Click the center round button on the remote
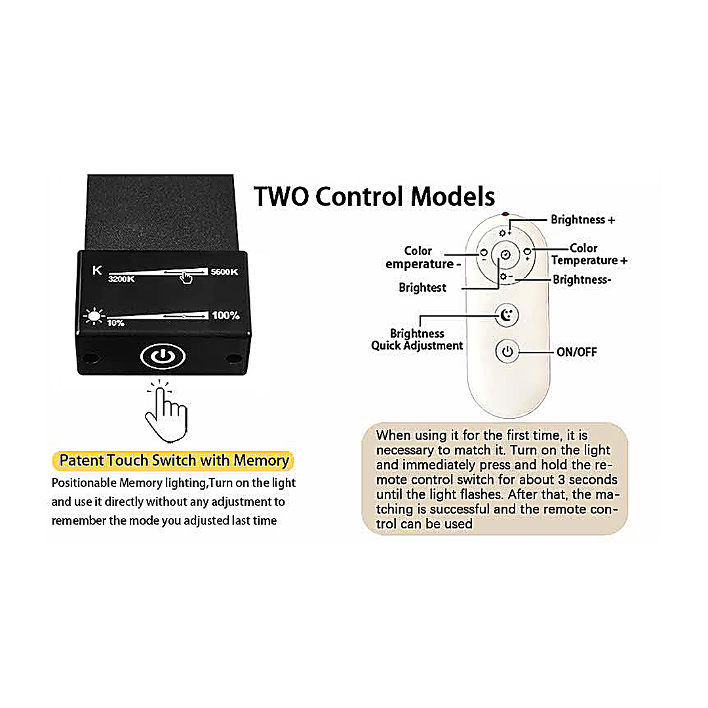(x=505, y=254)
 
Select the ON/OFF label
(x=577, y=352)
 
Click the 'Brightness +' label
(x=583, y=220)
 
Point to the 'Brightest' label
(x=422, y=287)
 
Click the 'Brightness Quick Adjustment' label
(x=417, y=340)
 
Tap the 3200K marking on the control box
(x=121, y=279)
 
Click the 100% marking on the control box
(x=226, y=315)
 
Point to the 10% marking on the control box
(x=115, y=323)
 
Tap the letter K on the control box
(x=98, y=269)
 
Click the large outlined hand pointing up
(x=165, y=412)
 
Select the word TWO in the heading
(x=281, y=196)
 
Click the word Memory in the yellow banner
(x=261, y=460)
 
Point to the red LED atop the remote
(x=505, y=214)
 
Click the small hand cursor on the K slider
(x=187, y=277)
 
